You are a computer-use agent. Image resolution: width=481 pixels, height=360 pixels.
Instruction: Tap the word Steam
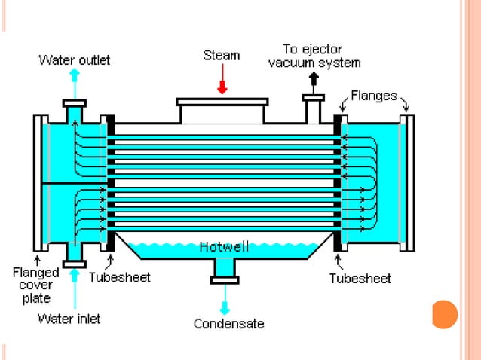pos(222,55)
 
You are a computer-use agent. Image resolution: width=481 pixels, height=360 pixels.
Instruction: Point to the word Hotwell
pos(224,246)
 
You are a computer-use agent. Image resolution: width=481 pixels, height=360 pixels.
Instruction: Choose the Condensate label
pos(229,324)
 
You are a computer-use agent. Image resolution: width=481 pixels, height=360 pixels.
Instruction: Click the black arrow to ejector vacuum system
pos(313,81)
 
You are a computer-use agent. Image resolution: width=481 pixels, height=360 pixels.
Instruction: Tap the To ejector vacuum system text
pos(314,56)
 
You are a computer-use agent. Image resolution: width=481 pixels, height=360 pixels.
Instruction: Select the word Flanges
pos(374,96)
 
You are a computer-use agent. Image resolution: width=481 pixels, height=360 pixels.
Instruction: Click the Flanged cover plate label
pos(35,285)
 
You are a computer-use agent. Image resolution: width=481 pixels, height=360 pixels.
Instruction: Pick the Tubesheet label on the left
pos(119,277)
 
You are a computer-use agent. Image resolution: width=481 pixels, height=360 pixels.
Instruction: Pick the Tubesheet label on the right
pos(360,278)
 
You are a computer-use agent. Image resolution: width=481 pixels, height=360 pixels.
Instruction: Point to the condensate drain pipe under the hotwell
pos(225,267)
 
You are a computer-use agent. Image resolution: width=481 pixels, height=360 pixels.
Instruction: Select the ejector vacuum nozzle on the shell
pos(313,108)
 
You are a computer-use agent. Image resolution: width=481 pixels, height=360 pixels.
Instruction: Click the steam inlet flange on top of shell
pos(222,101)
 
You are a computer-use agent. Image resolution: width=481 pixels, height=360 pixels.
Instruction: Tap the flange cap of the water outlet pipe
pos(74,102)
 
